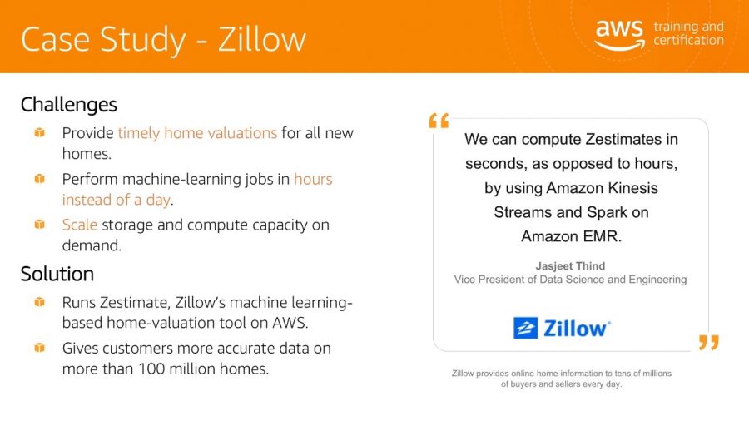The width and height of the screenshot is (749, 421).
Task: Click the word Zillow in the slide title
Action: [262, 39]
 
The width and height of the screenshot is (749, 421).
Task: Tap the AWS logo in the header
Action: [619, 35]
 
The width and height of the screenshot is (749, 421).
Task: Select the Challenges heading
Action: [69, 105]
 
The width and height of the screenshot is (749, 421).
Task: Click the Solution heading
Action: [57, 274]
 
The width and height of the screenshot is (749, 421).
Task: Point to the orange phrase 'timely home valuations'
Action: [197, 132]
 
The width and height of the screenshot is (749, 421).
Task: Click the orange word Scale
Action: [80, 225]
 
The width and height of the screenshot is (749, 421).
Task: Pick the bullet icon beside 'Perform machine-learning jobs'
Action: [40, 179]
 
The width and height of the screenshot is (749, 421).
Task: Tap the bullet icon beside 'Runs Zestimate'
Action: [40, 302]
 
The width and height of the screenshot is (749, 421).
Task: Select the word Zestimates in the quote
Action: [624, 140]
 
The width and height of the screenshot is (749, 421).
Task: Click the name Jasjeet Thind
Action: [570, 266]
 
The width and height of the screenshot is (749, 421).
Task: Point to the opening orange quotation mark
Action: [439, 121]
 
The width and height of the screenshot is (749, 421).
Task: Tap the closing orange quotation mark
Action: [708, 342]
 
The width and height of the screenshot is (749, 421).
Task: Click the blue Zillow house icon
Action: [525, 328]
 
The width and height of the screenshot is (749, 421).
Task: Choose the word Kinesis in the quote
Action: [633, 188]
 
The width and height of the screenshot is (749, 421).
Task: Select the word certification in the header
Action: [688, 40]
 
